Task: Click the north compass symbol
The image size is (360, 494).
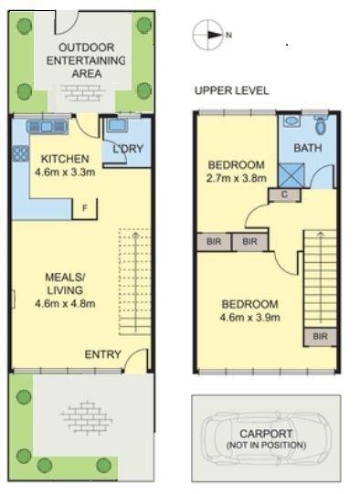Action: coord(208,35)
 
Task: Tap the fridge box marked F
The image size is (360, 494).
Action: coord(84,208)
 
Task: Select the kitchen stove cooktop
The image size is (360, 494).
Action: coord(21,153)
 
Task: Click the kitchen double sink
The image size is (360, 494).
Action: coord(48,127)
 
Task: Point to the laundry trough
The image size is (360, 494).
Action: coord(117,125)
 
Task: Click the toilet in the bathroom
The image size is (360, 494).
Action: coord(321,125)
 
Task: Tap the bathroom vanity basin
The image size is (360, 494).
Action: coord(291,121)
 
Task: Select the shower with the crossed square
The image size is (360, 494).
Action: coord(291,175)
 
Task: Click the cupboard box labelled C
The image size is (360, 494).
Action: coord(284,194)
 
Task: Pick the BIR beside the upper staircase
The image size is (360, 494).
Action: coord(320,336)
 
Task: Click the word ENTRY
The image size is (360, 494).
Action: coord(102,354)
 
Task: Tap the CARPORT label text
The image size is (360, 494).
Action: coord(266,434)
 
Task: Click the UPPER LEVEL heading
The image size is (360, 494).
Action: coord(232,90)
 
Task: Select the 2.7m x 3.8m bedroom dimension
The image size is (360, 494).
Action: coord(237,178)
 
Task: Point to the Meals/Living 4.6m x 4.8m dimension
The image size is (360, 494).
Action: coord(65,304)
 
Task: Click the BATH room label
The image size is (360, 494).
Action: coord(308,148)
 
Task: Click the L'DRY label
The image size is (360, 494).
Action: coord(128,149)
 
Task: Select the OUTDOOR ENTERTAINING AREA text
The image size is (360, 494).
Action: coord(86,60)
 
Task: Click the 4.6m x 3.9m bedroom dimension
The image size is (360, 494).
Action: coord(250,317)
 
